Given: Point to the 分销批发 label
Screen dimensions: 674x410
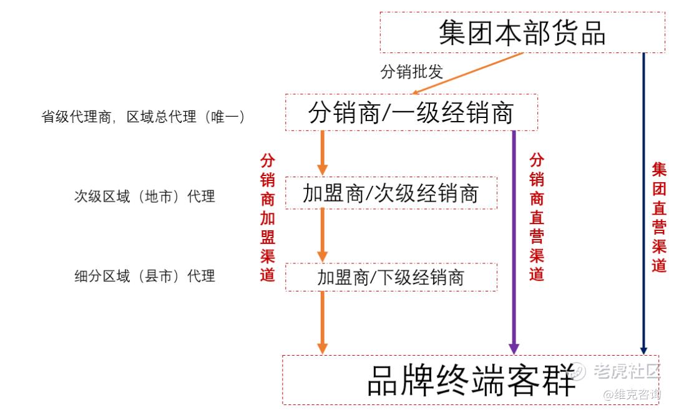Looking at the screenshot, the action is [x=411, y=71].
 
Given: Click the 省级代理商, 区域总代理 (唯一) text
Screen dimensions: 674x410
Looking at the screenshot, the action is [x=143, y=117].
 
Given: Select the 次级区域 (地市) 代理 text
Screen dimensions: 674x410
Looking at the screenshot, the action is [x=144, y=197].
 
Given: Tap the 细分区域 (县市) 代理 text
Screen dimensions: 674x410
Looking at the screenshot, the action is [x=144, y=276].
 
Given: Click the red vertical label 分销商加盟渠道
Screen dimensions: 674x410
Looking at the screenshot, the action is [x=267, y=217].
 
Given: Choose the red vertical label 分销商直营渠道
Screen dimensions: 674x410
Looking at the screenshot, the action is [x=537, y=217].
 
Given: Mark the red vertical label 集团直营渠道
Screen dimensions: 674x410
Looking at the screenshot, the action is [x=659, y=217].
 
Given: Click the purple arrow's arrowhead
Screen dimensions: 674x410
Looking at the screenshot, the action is [x=514, y=349].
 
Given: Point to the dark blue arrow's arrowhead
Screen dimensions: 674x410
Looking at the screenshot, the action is [x=643, y=351].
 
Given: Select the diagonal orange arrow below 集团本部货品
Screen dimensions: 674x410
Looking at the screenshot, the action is [x=467, y=73].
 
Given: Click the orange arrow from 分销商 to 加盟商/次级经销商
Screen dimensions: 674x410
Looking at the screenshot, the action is [x=323, y=153].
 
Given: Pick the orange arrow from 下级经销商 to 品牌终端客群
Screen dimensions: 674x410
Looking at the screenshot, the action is [x=323, y=323].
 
